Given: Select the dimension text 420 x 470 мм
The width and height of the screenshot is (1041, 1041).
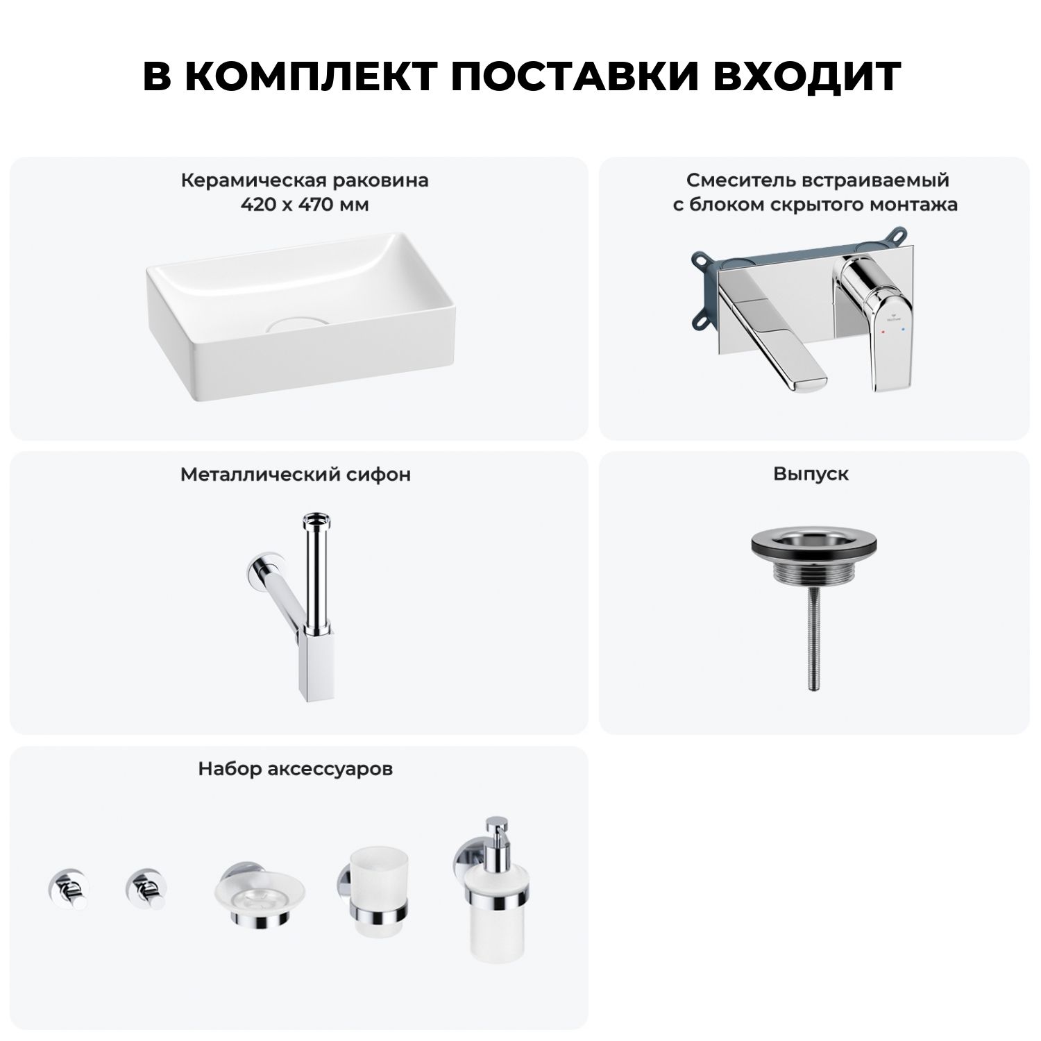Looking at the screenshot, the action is (304, 205).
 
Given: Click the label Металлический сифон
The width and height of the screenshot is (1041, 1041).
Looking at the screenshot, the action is (296, 475).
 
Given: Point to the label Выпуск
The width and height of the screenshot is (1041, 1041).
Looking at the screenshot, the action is (811, 475).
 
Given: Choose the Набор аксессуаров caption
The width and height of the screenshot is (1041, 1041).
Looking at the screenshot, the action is (296, 769).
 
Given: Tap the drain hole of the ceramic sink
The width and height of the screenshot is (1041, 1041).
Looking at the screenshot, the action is (296, 323).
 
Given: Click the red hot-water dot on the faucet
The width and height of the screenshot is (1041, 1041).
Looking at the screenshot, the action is (881, 333).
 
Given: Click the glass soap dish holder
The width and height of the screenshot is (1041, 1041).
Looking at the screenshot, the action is (259, 895).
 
